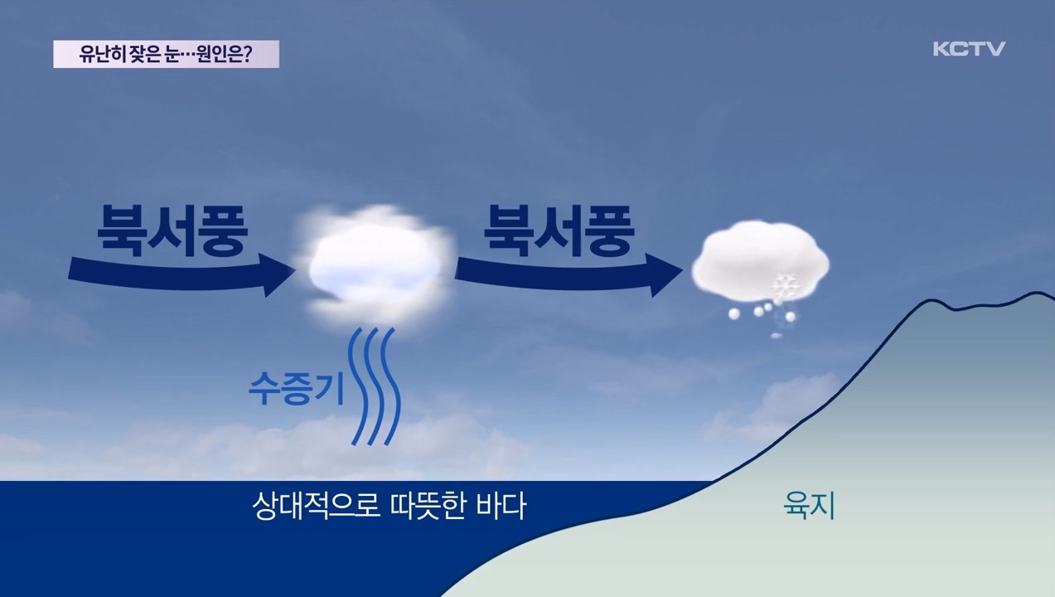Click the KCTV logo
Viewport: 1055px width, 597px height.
[x=968, y=49]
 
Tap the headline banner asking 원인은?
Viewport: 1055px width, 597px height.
[x=166, y=55]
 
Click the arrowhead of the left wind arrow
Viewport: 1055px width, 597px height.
[x=278, y=274]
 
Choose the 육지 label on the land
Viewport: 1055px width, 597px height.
[x=808, y=506]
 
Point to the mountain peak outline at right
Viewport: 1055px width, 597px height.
[x=1036, y=294]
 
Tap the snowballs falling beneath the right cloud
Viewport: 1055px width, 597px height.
[x=762, y=313]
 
